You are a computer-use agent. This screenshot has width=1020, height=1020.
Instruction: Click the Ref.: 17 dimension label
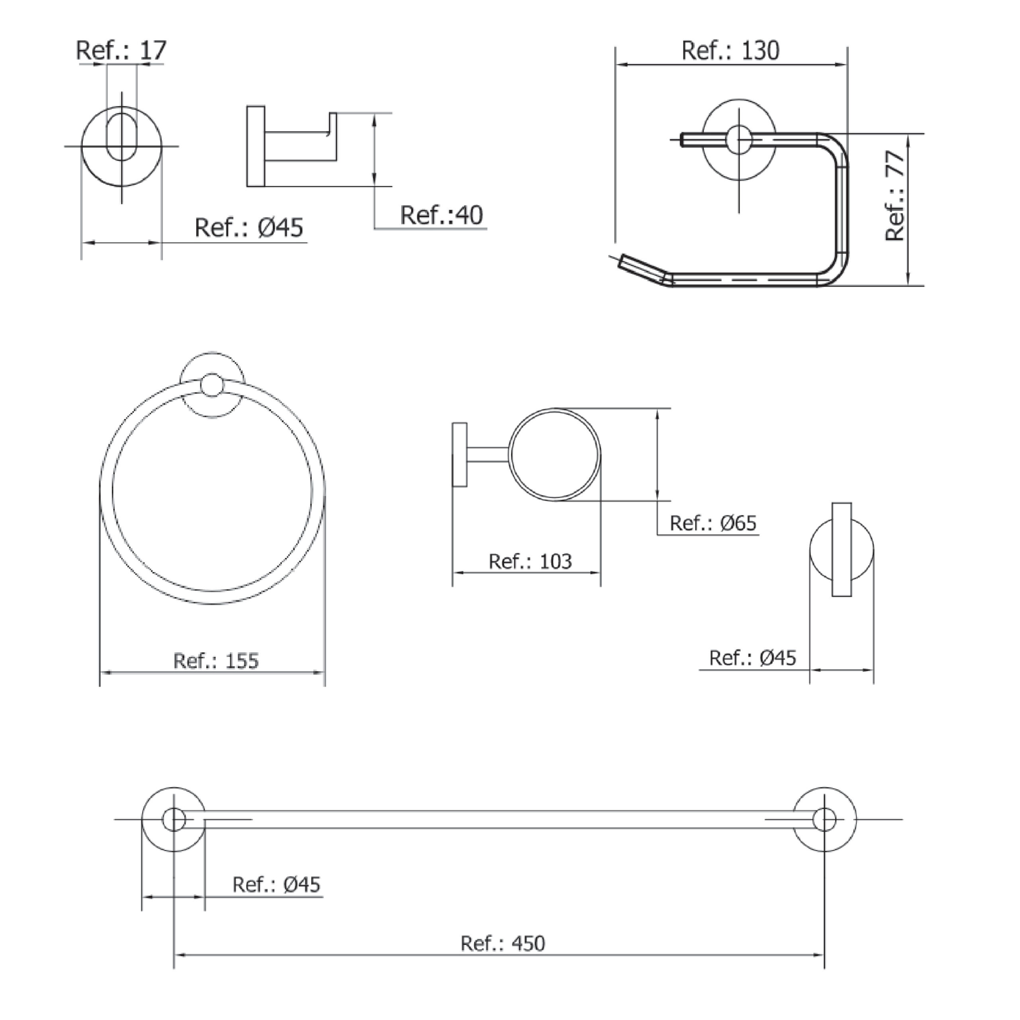pos(122,51)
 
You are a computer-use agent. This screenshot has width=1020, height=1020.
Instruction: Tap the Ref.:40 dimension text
pos(441,216)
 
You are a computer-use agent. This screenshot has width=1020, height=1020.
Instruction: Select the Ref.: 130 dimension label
pos(730,51)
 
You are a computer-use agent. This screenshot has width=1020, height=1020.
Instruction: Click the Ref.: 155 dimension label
pos(216,661)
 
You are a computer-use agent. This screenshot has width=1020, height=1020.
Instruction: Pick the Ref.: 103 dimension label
pos(530,562)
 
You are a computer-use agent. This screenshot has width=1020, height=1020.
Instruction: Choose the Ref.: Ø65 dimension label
pos(713,523)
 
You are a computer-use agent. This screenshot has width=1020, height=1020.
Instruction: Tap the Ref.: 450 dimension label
pos(502,943)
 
